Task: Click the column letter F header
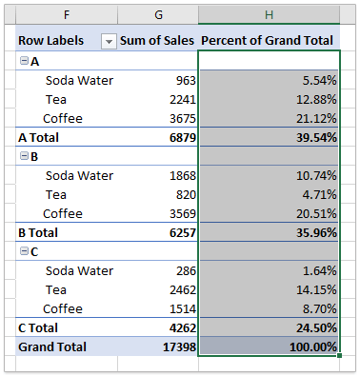[x=66, y=14]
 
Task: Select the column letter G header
[x=159, y=14]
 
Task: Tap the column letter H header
[x=269, y=14]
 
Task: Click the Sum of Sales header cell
[x=157, y=41]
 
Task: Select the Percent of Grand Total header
[x=268, y=41]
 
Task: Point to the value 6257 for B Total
[x=180, y=233]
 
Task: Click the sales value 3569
[x=180, y=214]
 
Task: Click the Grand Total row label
[x=51, y=347]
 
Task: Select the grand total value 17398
[x=176, y=347]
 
